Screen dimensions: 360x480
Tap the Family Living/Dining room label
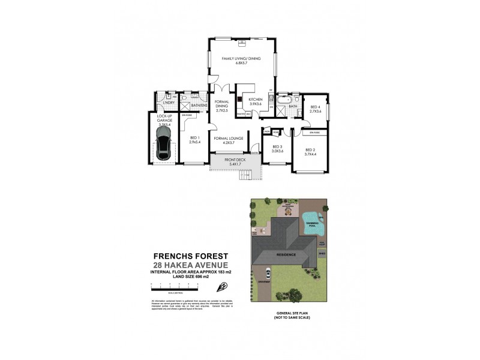click(242, 59)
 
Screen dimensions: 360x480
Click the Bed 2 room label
click(310, 151)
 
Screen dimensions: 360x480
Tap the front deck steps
click(245, 175)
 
